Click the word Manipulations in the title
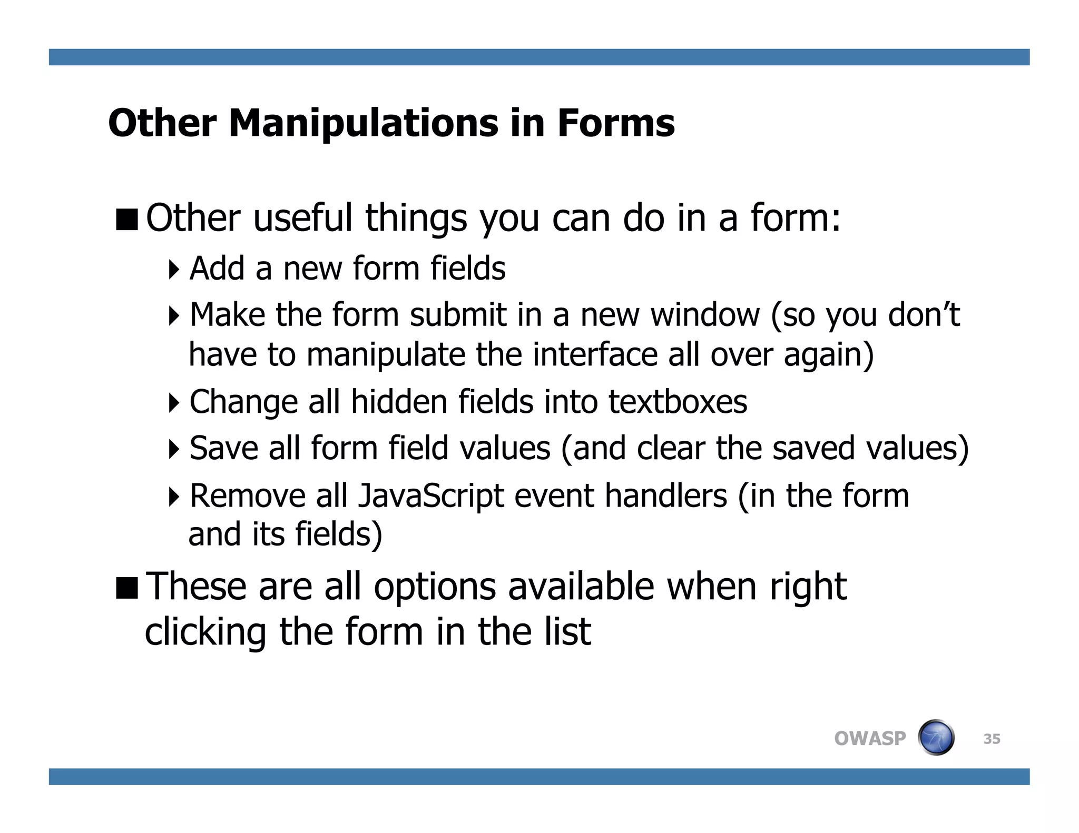[x=364, y=123]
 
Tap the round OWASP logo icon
[x=936, y=738]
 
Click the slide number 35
[x=992, y=739]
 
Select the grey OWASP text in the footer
[x=870, y=738]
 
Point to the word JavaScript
[x=430, y=497]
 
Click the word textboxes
[x=678, y=402]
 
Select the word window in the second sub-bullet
[x=705, y=315]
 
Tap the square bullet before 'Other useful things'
[x=127, y=220]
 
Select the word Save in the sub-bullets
[x=223, y=449]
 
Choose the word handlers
[x=665, y=496]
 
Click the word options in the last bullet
[x=435, y=587]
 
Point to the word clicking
[x=205, y=632]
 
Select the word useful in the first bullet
[x=302, y=218]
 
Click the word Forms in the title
[x=616, y=123]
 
